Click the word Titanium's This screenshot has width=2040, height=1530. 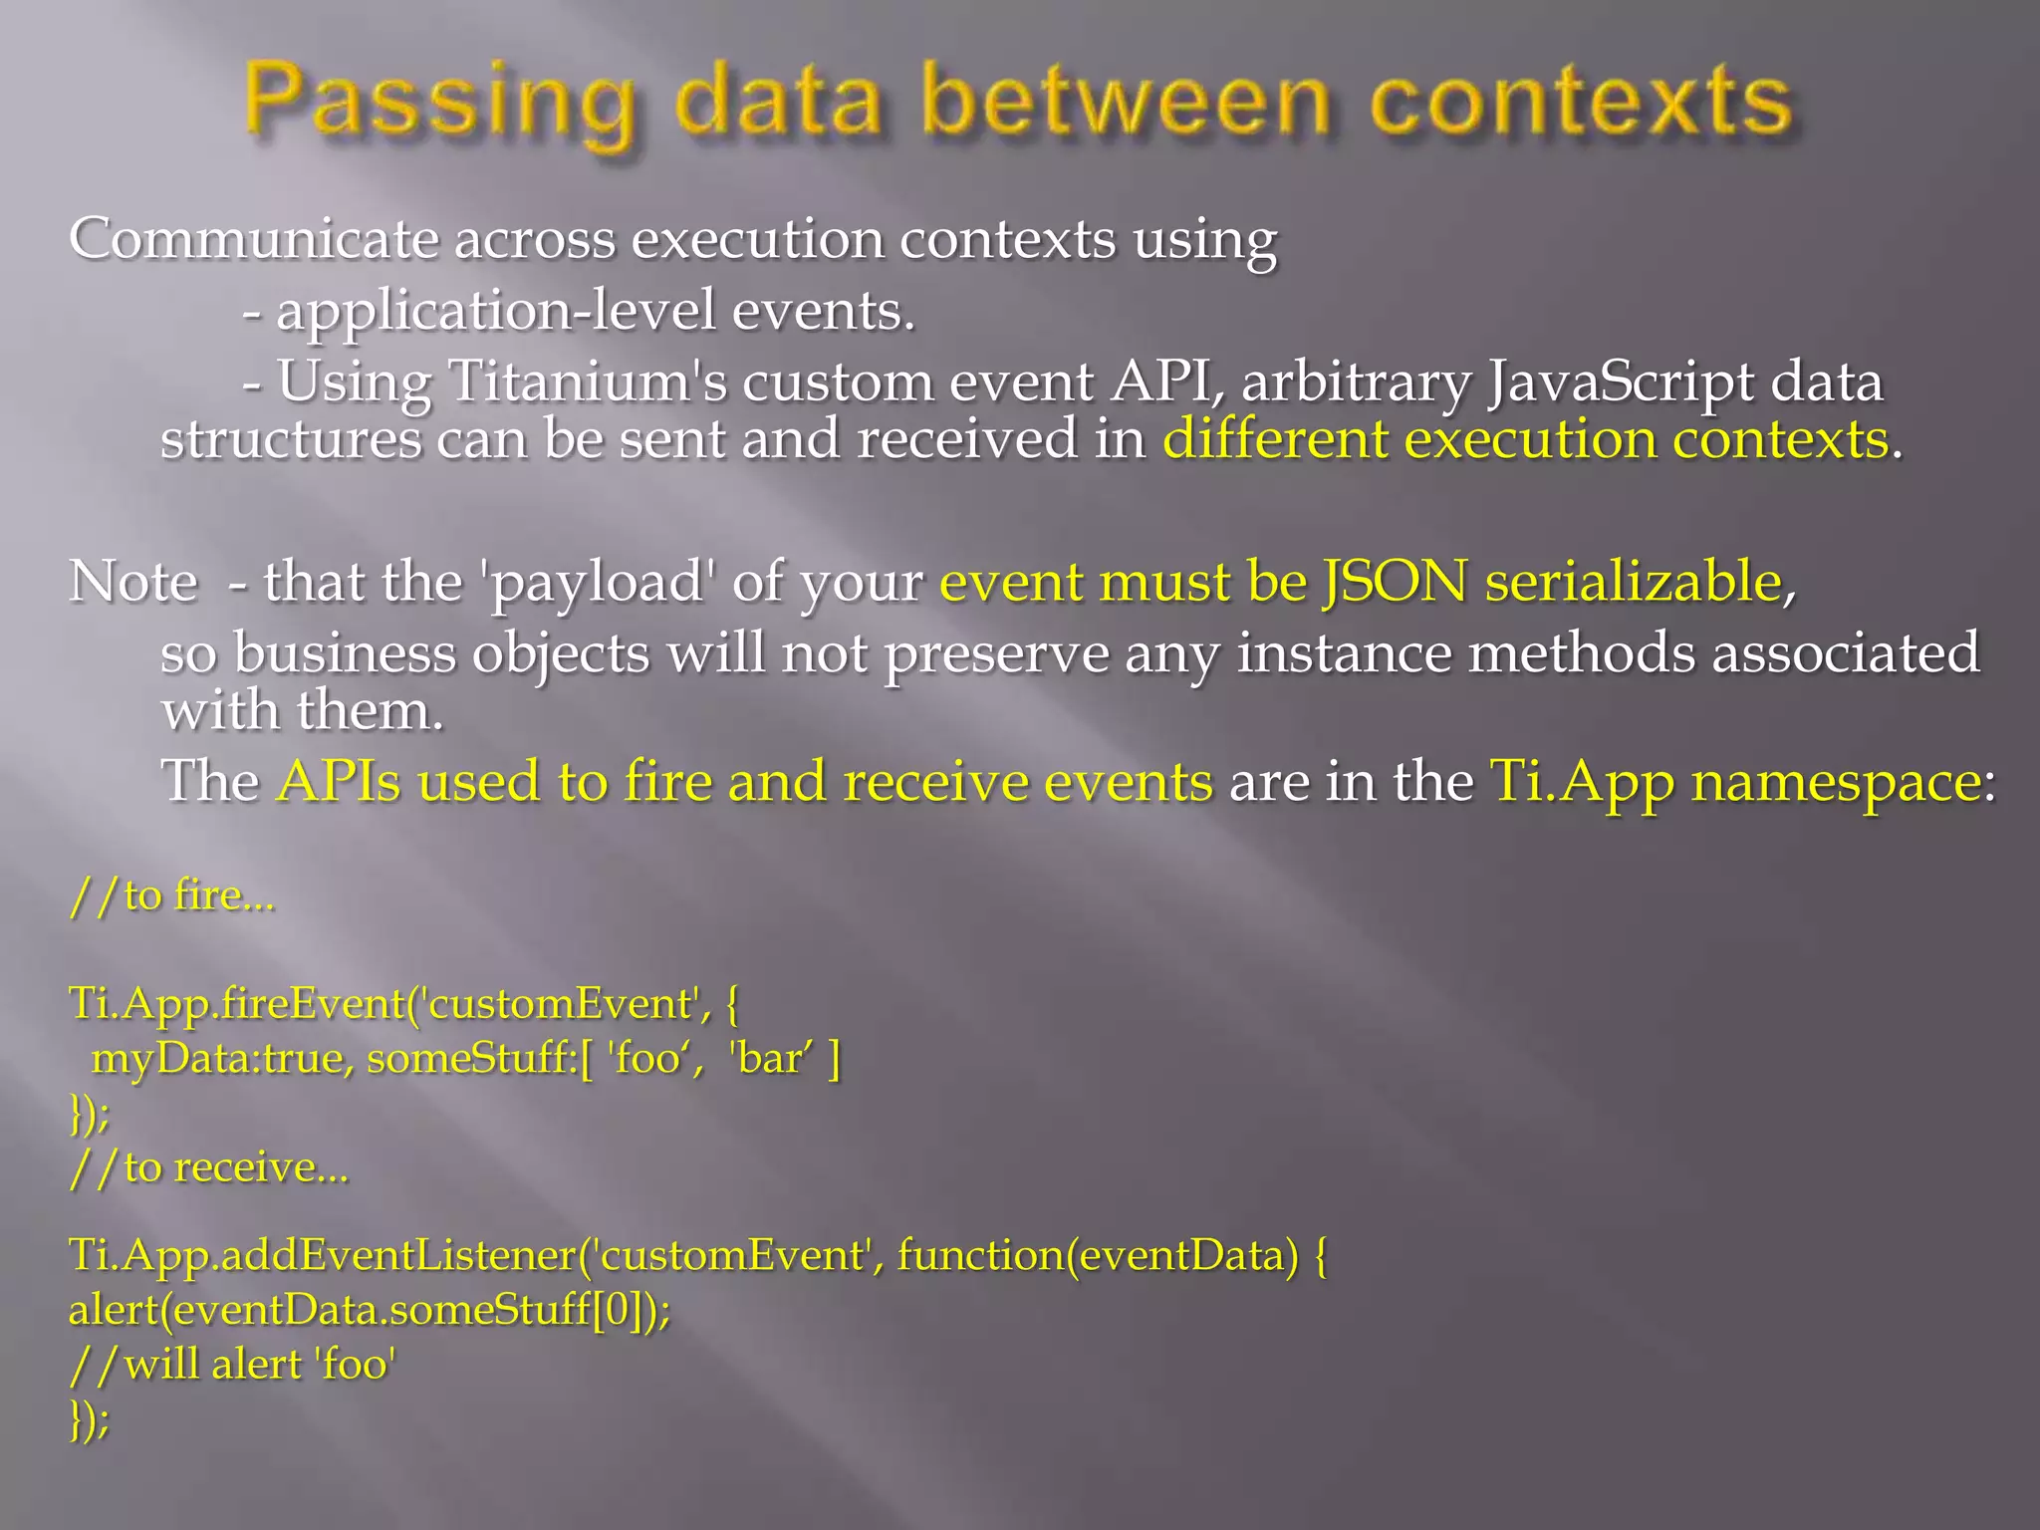click(588, 382)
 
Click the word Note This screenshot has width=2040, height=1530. click(133, 582)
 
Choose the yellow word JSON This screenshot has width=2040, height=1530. click(1395, 582)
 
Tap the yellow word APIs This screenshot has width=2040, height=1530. click(339, 781)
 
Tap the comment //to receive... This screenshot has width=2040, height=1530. click(209, 1167)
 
